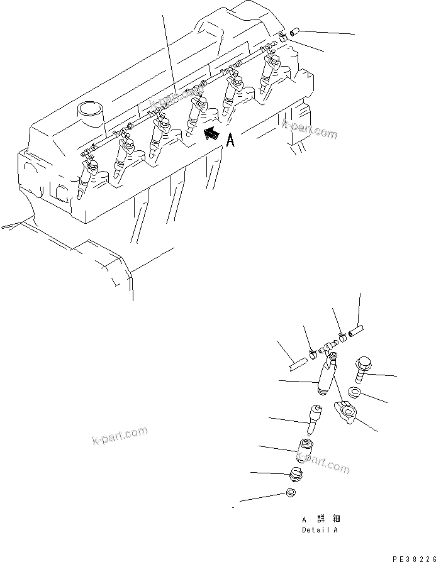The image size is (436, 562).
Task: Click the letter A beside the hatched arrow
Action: pyautogui.click(x=230, y=140)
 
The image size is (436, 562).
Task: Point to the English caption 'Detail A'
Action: pyautogui.click(x=319, y=530)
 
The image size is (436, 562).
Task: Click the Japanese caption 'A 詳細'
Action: pyautogui.click(x=320, y=519)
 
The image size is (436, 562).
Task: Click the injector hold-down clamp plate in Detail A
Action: pyautogui.click(x=347, y=411)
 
